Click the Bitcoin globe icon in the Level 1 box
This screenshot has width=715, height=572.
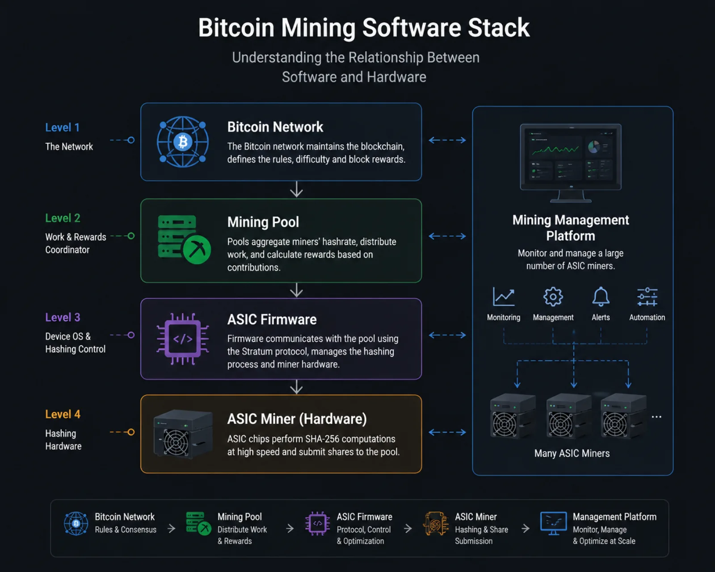[x=183, y=142]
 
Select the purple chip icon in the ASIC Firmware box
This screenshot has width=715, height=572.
[x=183, y=339]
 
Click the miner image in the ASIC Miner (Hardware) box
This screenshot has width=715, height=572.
[x=183, y=434]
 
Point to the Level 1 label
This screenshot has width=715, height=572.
[x=63, y=127]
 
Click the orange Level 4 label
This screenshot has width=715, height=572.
[x=63, y=414]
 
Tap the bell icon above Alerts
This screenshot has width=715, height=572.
[x=601, y=296]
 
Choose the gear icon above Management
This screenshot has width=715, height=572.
[x=553, y=296]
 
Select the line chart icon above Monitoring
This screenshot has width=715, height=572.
[x=504, y=296]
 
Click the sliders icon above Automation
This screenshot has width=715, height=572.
[x=647, y=297]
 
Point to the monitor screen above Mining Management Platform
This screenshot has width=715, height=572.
[x=571, y=157]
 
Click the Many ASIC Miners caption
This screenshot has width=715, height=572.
[x=572, y=454]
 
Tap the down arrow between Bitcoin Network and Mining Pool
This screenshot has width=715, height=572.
[x=296, y=190]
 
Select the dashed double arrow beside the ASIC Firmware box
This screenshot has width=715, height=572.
[x=447, y=335]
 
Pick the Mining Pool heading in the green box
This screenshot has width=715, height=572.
[x=263, y=222]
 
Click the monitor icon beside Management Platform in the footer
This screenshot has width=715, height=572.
[x=553, y=523]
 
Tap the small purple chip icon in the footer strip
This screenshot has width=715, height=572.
[x=318, y=523]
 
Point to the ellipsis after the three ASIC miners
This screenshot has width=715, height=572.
[x=656, y=417]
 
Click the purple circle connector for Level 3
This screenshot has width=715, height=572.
[x=131, y=335]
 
